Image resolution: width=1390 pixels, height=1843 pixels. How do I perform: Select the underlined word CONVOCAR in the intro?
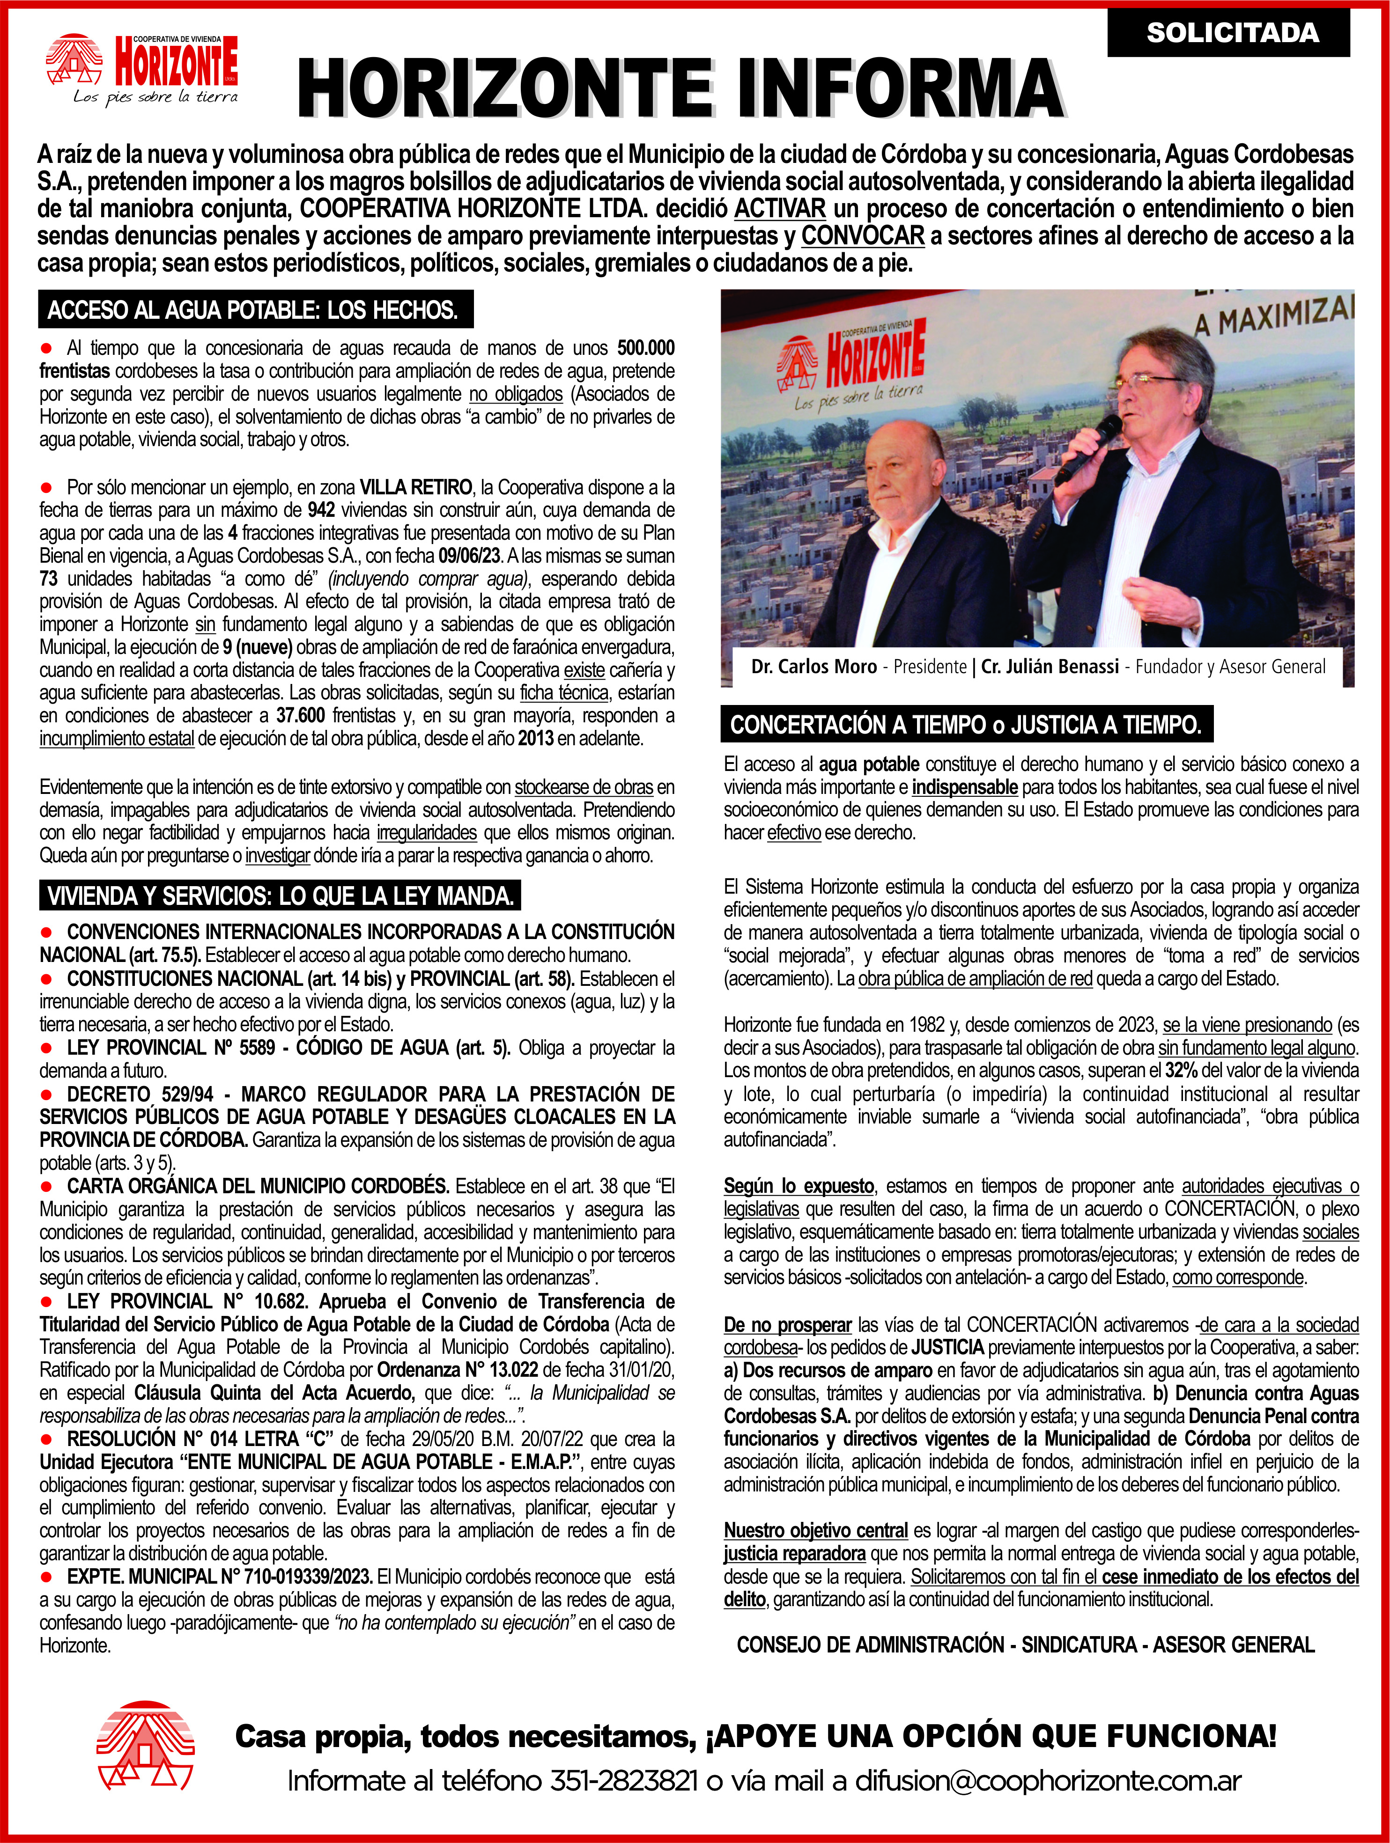coord(863,236)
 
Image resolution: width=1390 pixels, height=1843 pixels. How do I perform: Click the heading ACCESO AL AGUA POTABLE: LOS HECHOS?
coord(255,310)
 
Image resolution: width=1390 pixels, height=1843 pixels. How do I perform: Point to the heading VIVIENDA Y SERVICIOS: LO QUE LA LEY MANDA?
coord(280,896)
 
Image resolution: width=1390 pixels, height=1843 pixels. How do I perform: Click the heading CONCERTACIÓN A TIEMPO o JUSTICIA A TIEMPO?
coord(966,724)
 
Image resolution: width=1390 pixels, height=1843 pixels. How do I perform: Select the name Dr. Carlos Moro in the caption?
coord(813,667)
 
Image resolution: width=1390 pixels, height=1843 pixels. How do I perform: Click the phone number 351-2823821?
coord(622,1781)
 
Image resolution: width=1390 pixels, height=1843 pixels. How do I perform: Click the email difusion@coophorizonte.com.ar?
coord(1048,1781)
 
